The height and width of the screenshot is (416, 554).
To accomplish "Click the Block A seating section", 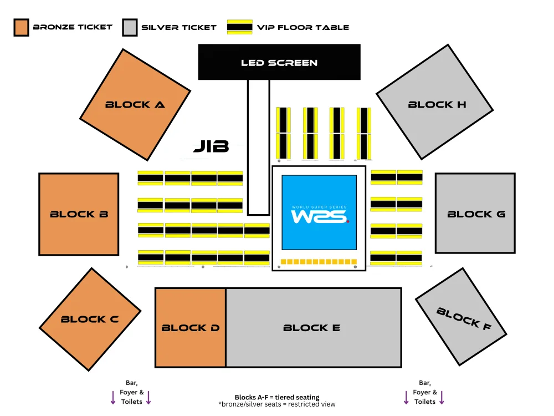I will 135,104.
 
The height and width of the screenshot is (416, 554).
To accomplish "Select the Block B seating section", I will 79,214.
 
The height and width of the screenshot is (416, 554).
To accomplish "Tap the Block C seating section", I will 89,319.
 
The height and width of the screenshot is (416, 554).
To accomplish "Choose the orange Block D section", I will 190,328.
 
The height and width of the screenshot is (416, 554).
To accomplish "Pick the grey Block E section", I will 312,328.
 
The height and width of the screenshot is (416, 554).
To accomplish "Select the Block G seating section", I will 476,214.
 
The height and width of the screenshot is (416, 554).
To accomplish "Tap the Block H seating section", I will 437,104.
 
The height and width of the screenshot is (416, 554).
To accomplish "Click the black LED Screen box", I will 279,63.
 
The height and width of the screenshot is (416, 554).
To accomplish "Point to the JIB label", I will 211,147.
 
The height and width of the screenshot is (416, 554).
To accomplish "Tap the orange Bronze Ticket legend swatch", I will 21,27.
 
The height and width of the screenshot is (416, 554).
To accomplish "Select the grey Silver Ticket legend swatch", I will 129,27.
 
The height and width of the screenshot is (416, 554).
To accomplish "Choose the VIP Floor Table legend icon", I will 240,27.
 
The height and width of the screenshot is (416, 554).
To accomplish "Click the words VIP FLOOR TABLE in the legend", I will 303,27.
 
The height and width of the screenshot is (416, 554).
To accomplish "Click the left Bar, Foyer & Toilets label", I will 132,392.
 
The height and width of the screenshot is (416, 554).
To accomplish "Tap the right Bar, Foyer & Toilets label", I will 425,392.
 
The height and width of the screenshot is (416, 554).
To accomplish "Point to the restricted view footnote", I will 277,404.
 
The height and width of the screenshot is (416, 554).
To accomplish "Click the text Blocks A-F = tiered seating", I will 277,397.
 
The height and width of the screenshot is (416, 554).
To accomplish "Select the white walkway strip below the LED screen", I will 258,147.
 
